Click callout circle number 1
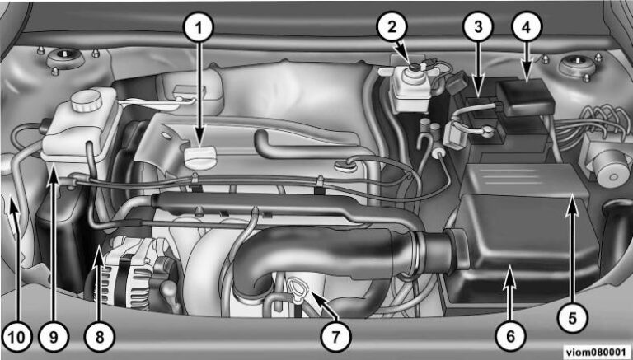click(x=198, y=27)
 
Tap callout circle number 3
click(x=478, y=27)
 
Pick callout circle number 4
click(x=527, y=27)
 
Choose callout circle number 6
click(x=511, y=336)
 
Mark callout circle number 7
click(x=336, y=336)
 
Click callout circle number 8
click(x=100, y=336)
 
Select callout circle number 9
click(x=54, y=336)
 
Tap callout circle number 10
click(x=16, y=336)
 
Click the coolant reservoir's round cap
click(x=87, y=100)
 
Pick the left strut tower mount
click(x=66, y=58)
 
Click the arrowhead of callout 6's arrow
click(x=511, y=269)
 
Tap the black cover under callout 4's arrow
click(x=526, y=97)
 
